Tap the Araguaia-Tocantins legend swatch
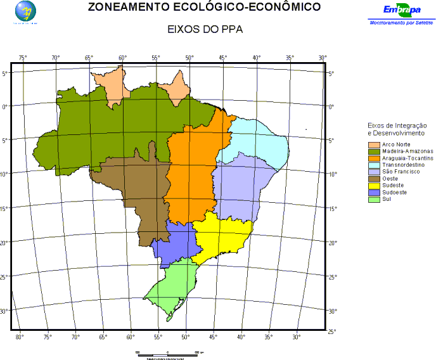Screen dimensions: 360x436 click(x=373, y=158)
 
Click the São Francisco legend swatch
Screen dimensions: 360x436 click(x=373, y=172)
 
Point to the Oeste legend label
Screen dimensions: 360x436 click(x=390, y=179)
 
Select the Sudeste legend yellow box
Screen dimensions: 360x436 click(x=373, y=186)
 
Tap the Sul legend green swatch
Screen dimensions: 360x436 click(x=373, y=199)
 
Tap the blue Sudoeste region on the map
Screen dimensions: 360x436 click(x=174, y=244)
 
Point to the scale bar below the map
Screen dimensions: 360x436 click(x=168, y=352)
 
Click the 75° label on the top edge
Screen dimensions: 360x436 click(x=22, y=58)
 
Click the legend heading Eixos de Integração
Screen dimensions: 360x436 click(x=396, y=126)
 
